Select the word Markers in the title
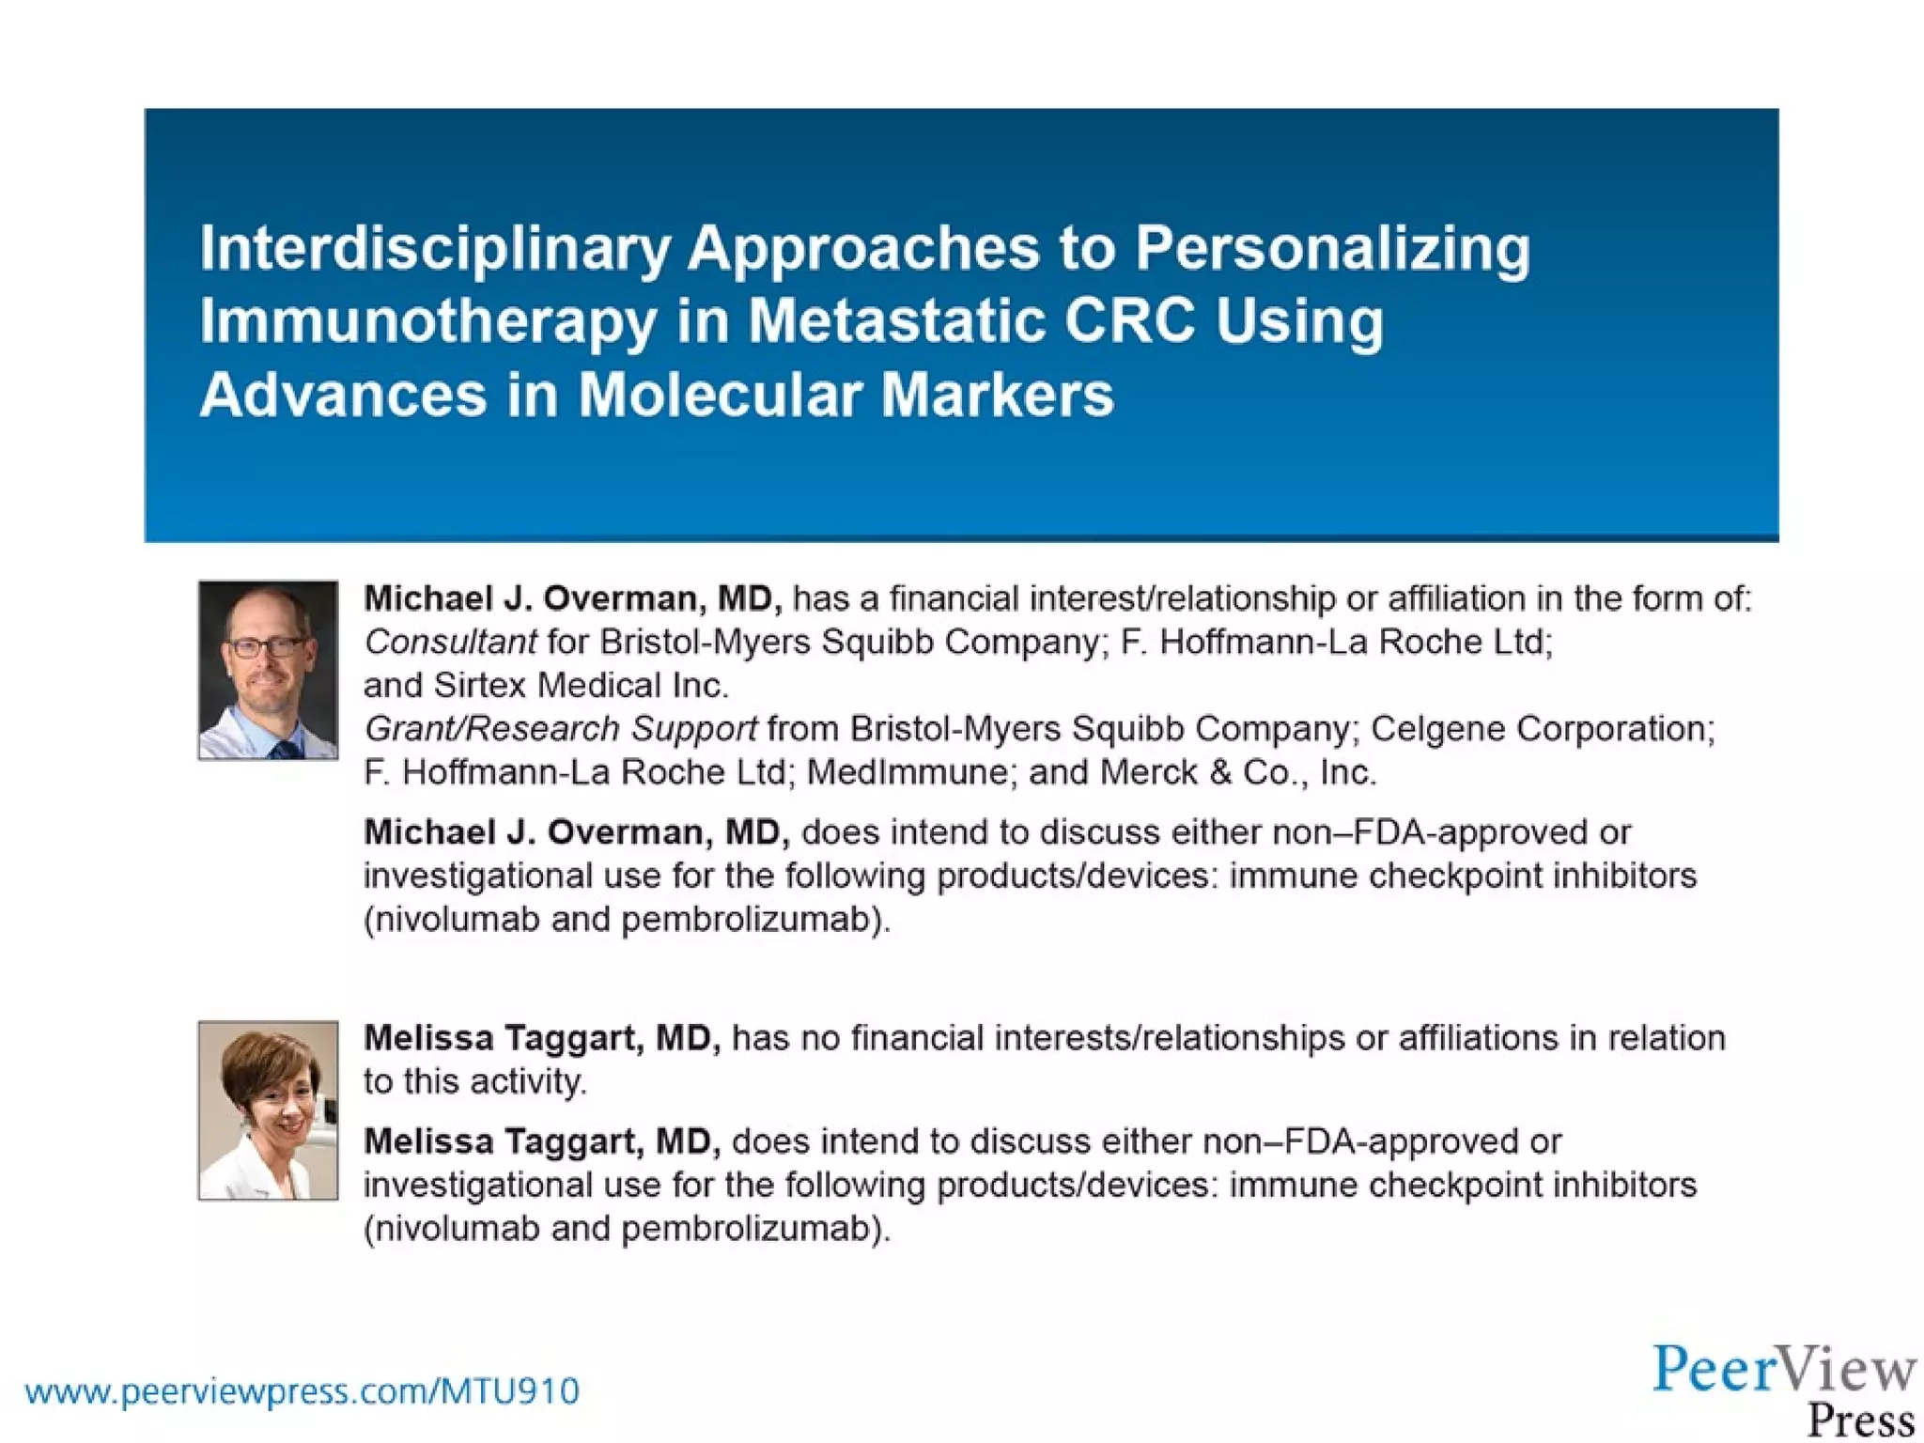click(x=997, y=395)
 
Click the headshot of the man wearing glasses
click(x=268, y=669)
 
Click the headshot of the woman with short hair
click(x=268, y=1109)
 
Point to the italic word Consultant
click(x=450, y=643)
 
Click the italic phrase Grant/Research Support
click(x=560, y=729)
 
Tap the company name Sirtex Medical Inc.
click(x=581, y=686)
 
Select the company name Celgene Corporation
click(x=1542, y=729)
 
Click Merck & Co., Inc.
click(x=1237, y=772)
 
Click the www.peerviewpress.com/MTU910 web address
click(x=302, y=1391)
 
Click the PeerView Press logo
click(x=1784, y=1389)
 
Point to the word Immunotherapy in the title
click(x=427, y=321)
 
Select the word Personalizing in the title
click(x=1332, y=249)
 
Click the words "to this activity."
click(x=475, y=1081)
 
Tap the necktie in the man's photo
click(x=284, y=749)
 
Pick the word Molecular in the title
click(x=719, y=395)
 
